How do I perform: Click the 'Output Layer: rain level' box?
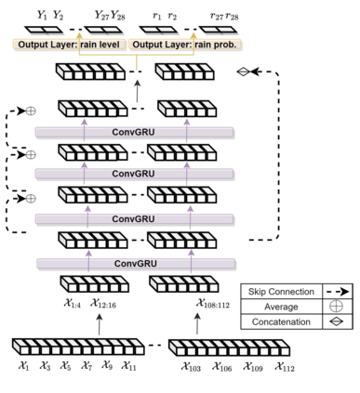click(x=69, y=45)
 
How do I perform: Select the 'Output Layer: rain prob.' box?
click(x=184, y=45)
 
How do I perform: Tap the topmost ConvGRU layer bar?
click(x=134, y=132)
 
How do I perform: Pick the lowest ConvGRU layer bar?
click(x=136, y=264)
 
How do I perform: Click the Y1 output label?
click(x=42, y=15)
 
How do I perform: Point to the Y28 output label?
click(x=118, y=15)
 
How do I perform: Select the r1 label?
click(x=157, y=16)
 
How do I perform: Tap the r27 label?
click(x=217, y=16)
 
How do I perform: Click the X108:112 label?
click(x=213, y=303)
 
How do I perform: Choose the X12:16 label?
click(x=103, y=303)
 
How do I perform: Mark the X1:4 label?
click(x=73, y=303)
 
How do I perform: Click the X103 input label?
click(x=191, y=367)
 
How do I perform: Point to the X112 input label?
click(x=285, y=367)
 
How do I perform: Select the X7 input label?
click(x=86, y=366)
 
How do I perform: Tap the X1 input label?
click(x=23, y=366)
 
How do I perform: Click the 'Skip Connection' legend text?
click(x=281, y=292)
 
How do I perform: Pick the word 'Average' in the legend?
click(x=281, y=307)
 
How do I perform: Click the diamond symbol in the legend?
click(x=336, y=321)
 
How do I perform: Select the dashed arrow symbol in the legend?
click(x=336, y=292)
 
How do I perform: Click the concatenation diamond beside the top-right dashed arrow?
click(x=244, y=72)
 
